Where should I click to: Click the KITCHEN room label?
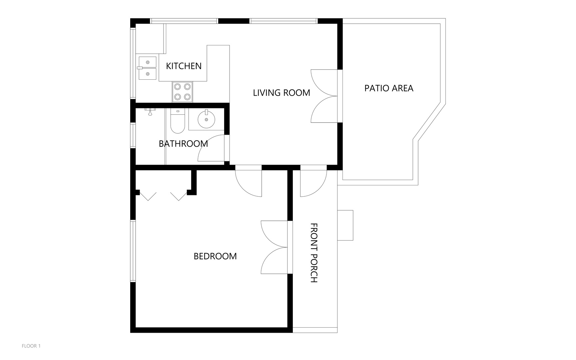pyautogui.click(x=184, y=66)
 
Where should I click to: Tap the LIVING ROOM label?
pyautogui.click(x=282, y=93)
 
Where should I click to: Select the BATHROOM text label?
pyautogui.click(x=183, y=144)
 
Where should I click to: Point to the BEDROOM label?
pyautogui.click(x=215, y=256)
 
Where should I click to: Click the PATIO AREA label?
pyautogui.click(x=389, y=88)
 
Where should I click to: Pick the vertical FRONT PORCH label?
pyautogui.click(x=314, y=253)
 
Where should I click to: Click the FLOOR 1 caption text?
pyautogui.click(x=31, y=346)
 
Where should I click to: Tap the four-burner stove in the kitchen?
pyautogui.click(x=183, y=92)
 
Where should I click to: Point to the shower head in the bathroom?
pyautogui.click(x=151, y=112)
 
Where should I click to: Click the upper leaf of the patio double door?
pyautogui.click(x=324, y=83)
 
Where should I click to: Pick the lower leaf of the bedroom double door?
pyautogui.click(x=274, y=261)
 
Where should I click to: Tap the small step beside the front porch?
pyautogui.click(x=345, y=225)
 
